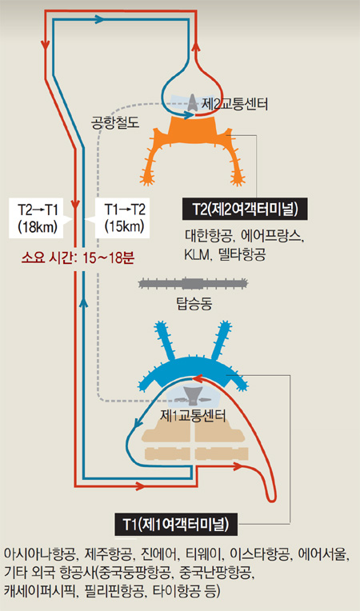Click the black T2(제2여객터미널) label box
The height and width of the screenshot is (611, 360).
(245, 210)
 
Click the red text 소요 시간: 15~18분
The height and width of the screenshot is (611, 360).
(78, 258)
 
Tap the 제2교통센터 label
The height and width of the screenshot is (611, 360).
(234, 104)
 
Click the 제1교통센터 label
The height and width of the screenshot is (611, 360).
(193, 415)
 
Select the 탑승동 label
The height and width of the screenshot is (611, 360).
(194, 304)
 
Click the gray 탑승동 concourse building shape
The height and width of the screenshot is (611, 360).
(194, 283)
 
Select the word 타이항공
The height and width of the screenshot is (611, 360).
(182, 589)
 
